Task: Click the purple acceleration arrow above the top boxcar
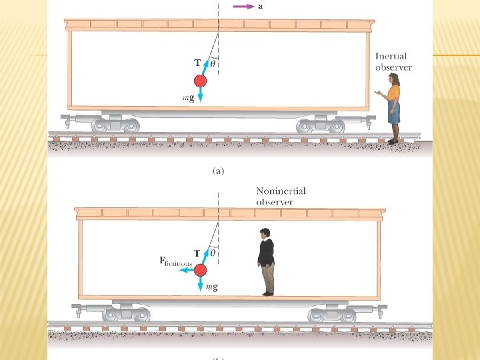244,7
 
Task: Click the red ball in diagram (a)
200,81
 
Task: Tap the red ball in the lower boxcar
201,269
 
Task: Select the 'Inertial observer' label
393,62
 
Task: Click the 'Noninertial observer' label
281,196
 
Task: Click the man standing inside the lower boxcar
267,261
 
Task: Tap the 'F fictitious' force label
175,262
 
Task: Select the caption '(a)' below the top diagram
218,171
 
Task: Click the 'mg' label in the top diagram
188,98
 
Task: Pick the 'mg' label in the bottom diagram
212,287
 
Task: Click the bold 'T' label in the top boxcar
197,63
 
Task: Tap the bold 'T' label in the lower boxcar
197,253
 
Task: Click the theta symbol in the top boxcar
213,64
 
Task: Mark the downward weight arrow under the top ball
200,95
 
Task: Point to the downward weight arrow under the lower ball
201,284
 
